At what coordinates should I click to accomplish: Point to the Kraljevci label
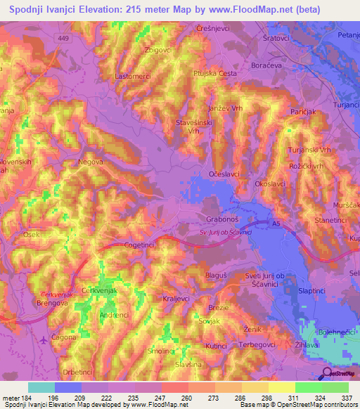point(177,298)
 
